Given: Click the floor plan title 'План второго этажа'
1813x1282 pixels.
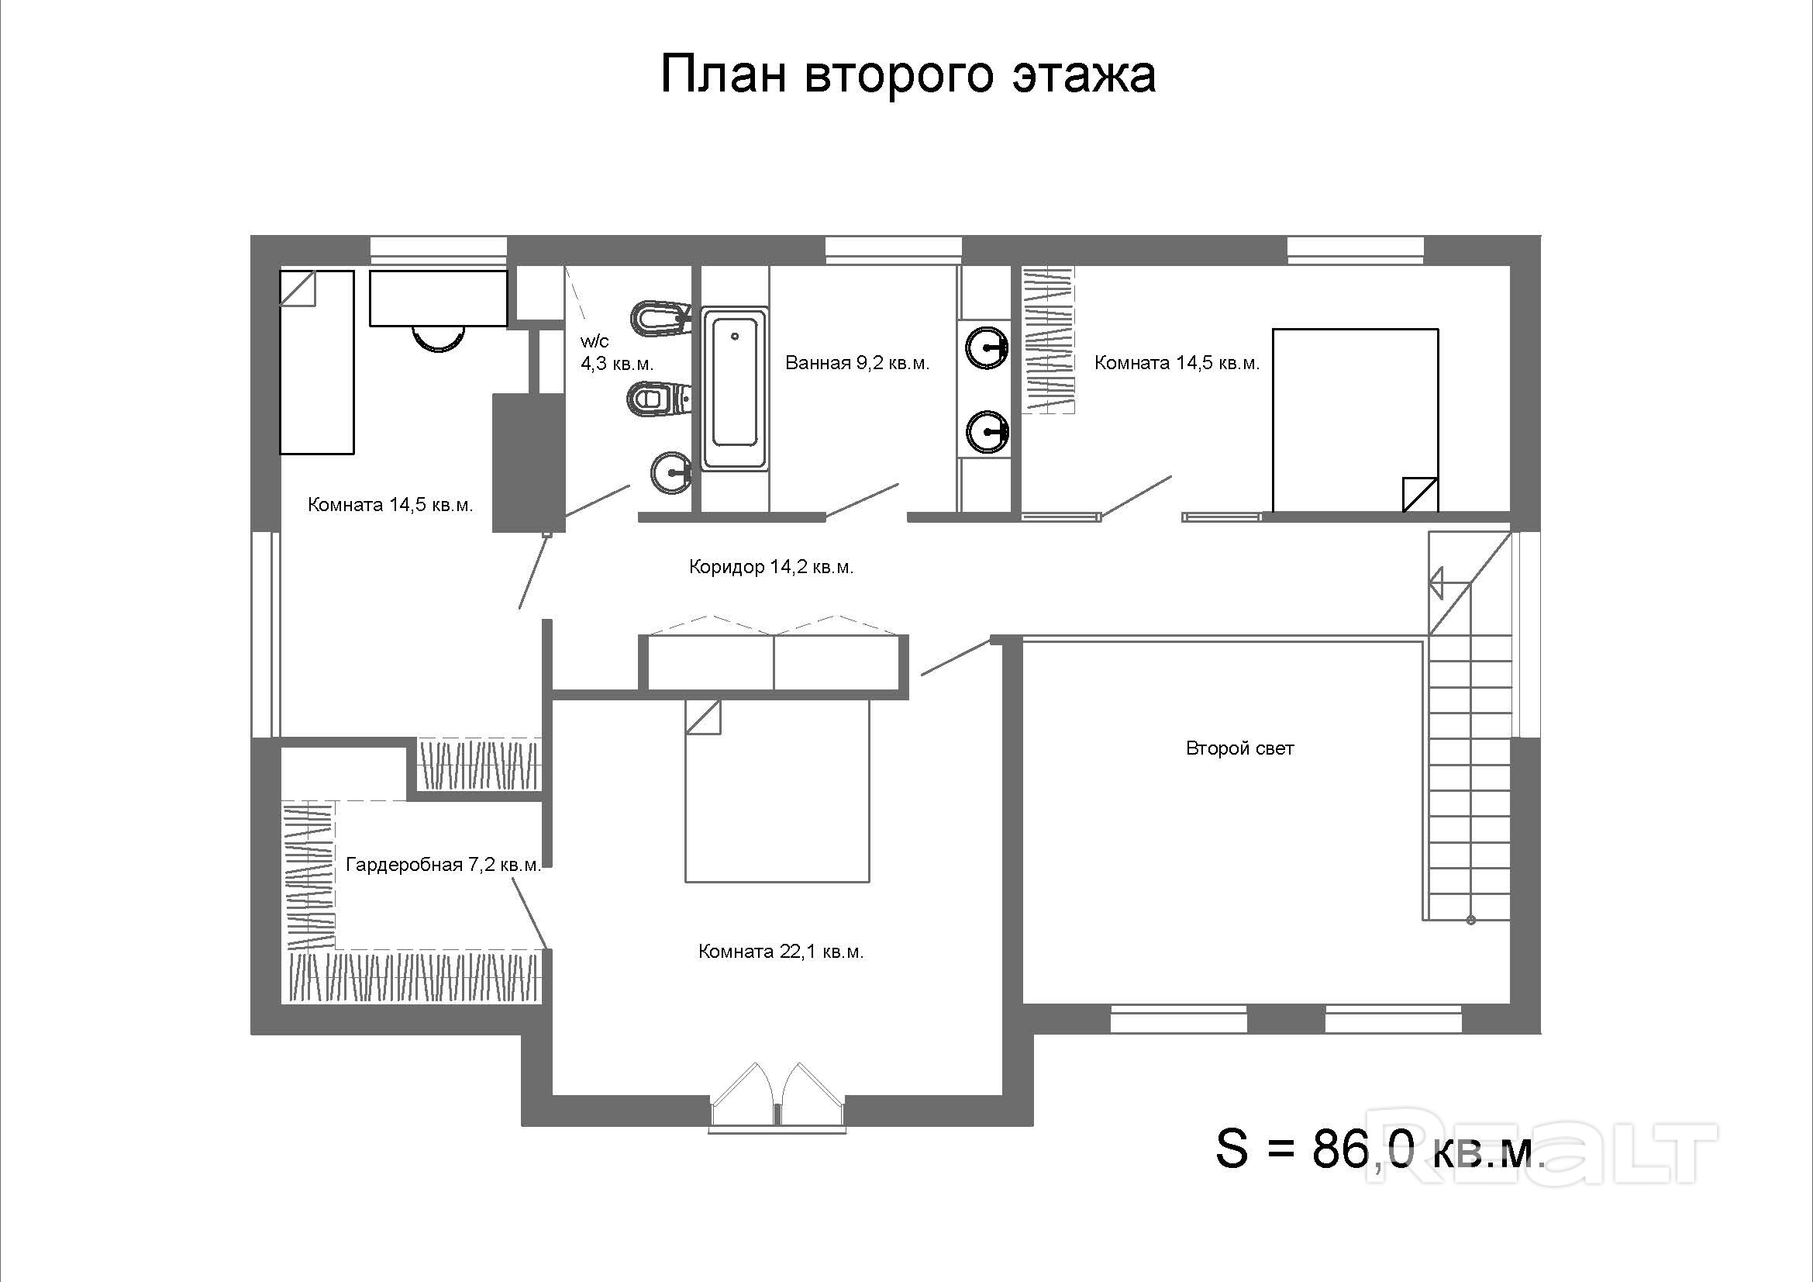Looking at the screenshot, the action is pos(908,76).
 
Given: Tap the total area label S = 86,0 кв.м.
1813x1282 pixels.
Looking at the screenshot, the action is pos(1380,1148).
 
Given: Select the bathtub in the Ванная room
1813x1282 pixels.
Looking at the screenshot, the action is pos(735,389).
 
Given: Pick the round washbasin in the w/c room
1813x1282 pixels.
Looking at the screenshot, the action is pos(671,472).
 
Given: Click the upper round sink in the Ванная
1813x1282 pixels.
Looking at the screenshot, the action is pos(987,347).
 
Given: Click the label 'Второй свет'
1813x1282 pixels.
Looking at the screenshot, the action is pos(1239,749).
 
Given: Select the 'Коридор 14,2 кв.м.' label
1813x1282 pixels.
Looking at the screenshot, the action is pos(771,567).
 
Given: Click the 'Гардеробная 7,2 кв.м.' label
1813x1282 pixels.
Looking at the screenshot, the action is pos(444,865).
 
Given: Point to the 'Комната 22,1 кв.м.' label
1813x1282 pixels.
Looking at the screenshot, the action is pos(781,952).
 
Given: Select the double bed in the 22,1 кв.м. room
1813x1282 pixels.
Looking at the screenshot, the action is pos(777,790).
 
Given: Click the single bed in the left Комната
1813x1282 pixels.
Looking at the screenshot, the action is pos(317,362).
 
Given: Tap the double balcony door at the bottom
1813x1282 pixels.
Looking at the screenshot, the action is pos(777,1097).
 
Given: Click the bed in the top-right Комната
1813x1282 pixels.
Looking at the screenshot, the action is pos(1355,420).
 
